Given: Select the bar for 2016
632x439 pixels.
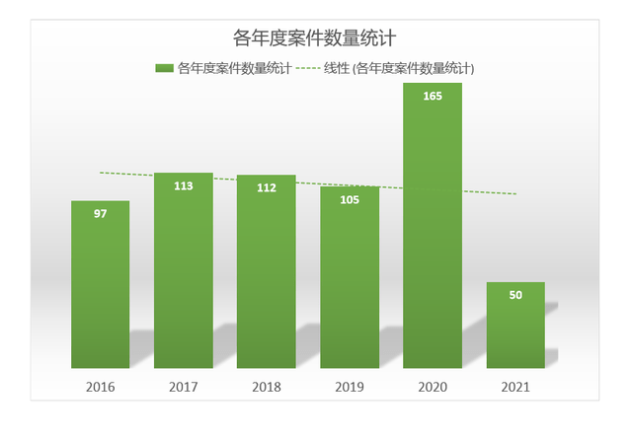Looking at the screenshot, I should [100, 286].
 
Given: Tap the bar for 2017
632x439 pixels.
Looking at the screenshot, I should [183, 271].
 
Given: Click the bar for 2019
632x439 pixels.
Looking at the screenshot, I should [350, 278].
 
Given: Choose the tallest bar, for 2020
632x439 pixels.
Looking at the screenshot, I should [433, 227].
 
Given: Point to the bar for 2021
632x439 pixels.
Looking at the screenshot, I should [515, 326].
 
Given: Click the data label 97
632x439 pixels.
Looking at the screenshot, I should [100, 214].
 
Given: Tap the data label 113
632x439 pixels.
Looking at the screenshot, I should [183, 185].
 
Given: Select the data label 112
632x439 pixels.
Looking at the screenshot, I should [266, 187].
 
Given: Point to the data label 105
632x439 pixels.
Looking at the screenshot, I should [350, 199].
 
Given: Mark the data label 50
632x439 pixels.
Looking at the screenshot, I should [515, 295].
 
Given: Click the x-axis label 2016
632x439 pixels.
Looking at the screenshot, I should [100, 387].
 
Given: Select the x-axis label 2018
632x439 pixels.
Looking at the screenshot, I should [266, 387].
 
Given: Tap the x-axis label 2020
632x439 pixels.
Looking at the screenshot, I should [433, 387].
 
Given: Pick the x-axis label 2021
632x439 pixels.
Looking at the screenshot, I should [515, 387].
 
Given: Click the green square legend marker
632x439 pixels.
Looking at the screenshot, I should [164, 68].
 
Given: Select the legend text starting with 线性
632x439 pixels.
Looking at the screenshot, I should [400, 68].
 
